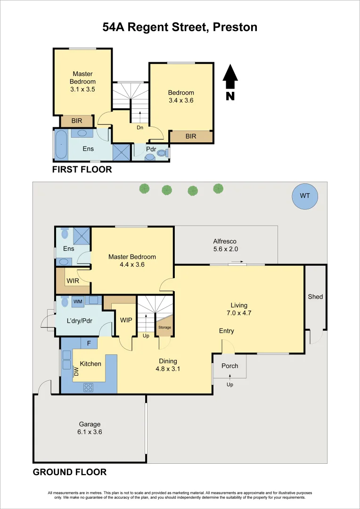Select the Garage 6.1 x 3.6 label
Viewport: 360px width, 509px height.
[x=90, y=428]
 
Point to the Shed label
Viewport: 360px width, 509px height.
[x=315, y=296]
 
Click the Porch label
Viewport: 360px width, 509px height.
[x=229, y=366]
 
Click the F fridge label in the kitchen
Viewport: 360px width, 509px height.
[x=89, y=343]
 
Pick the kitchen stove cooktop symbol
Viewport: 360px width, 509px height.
[x=89, y=387]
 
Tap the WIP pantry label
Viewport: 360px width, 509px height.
[x=126, y=320]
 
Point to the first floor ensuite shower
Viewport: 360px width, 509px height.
[x=122, y=153]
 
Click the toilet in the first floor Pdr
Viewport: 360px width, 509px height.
[x=162, y=153]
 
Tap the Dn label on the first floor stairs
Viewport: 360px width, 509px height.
[x=140, y=127]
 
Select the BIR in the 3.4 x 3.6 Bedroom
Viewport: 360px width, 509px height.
[x=190, y=136]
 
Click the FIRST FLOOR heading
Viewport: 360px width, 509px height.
[x=82, y=170]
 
